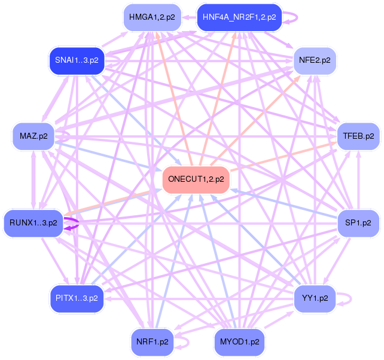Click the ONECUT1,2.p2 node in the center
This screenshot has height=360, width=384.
(x=196, y=179)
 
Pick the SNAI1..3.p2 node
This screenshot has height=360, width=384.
(x=77, y=60)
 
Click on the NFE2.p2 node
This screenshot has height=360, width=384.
(x=315, y=60)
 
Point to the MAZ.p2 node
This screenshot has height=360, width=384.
(x=33, y=136)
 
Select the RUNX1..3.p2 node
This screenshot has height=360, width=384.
(x=33, y=222)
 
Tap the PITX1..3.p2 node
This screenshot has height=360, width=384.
(x=77, y=297)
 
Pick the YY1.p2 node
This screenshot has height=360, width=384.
(x=315, y=297)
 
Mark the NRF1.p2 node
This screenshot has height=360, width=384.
(x=152, y=343)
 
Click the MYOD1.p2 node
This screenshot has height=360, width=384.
(x=239, y=343)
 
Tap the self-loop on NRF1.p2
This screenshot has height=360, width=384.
(x=187, y=343)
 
